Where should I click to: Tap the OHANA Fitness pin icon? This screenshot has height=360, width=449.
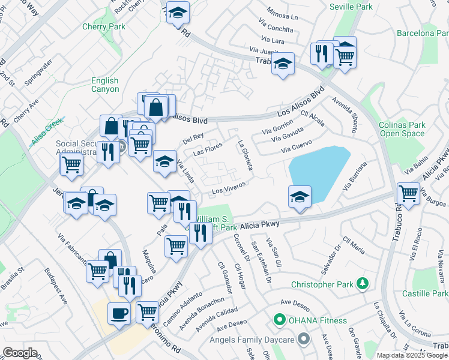(279, 320)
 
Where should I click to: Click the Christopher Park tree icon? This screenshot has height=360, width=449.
(361, 283)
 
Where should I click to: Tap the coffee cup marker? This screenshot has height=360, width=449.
(119, 313)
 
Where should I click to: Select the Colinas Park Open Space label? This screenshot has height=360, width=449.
(402, 130)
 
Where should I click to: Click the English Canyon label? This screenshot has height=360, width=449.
(105, 85)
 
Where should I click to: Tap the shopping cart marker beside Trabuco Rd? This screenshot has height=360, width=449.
(408, 194)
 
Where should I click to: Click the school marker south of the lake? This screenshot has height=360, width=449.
(300, 197)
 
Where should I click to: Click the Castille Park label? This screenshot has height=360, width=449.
(425, 293)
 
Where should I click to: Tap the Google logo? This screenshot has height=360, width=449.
(20, 353)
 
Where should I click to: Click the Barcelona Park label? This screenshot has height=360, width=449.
(422, 33)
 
